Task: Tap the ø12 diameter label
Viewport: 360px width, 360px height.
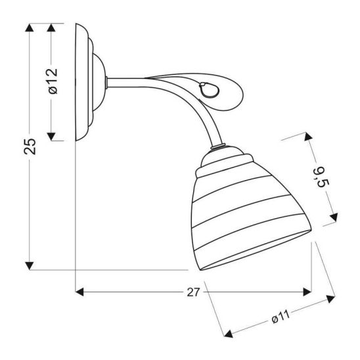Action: click(53, 81)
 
